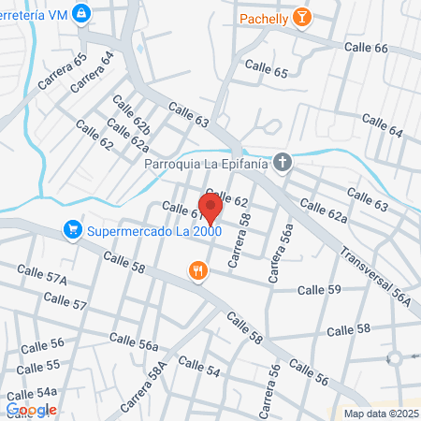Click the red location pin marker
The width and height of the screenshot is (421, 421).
tap(210, 207)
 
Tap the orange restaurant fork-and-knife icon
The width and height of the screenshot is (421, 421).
tap(196, 271)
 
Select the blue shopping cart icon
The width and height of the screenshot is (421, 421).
tap(72, 229)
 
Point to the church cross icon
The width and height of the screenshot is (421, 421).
tap(283, 163)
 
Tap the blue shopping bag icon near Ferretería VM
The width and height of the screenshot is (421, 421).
tap(82, 13)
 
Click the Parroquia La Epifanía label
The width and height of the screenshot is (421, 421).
tap(205, 164)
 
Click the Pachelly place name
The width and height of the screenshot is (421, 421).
tap(263, 17)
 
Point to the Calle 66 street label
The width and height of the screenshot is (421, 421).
tap(368, 48)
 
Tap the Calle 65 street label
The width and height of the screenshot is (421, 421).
tap(266, 68)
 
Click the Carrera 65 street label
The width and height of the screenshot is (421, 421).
tap(62, 70)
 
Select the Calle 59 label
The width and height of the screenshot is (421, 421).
tap(318, 291)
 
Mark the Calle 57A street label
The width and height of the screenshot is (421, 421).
tap(43, 278)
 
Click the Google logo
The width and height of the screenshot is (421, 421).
tap(30, 409)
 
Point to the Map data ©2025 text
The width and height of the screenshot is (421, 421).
tap(378, 414)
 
